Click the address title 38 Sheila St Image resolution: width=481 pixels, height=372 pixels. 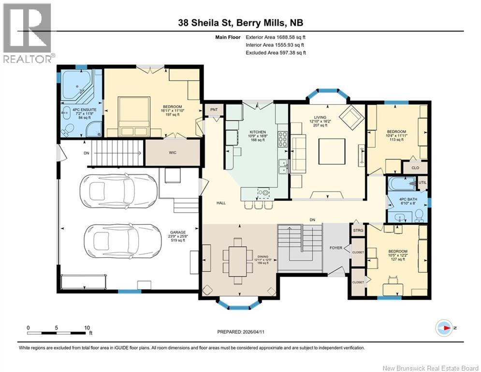241,23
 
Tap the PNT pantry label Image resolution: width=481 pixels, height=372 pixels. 213,110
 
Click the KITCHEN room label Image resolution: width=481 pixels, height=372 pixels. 258,132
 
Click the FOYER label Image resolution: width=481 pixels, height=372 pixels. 335,248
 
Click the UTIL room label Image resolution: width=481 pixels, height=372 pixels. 423,183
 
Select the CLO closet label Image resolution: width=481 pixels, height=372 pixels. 415,168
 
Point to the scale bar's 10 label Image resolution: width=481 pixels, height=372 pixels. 87,327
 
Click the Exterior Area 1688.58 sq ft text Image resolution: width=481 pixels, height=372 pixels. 276,37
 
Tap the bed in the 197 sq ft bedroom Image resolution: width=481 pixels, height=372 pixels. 128,116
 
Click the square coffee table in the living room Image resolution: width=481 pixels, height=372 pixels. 331,152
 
